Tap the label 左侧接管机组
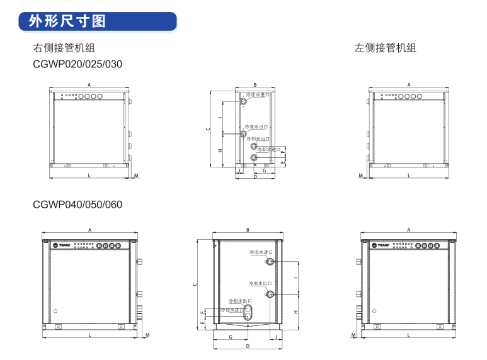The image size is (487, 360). click(x=386, y=48)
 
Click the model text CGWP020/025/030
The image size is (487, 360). click(x=77, y=64)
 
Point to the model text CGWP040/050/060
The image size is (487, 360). click(x=77, y=205)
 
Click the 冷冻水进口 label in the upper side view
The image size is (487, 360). click(x=255, y=94)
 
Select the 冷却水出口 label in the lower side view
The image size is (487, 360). click(x=240, y=301)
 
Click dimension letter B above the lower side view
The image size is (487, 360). click(x=248, y=230)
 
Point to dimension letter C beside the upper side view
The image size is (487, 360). click(x=208, y=128)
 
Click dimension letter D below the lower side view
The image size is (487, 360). click(x=248, y=347)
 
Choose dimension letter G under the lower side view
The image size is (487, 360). click(x=231, y=337)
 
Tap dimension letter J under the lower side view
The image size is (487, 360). click(x=276, y=337)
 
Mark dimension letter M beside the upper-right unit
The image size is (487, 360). click(x=361, y=176)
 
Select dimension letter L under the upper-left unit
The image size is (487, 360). click(x=89, y=176)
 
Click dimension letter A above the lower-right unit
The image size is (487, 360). click(x=408, y=230)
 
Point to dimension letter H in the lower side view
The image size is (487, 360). click(x=295, y=312)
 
